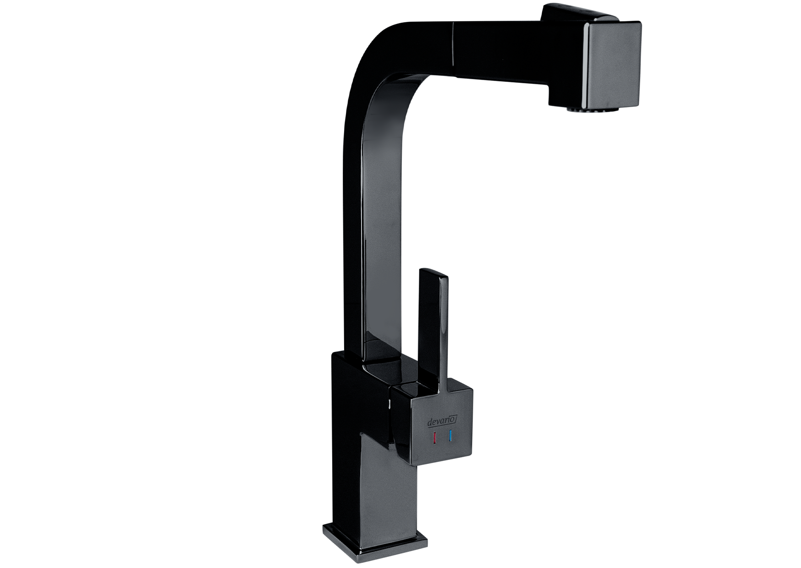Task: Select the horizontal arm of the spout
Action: (481, 50)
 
